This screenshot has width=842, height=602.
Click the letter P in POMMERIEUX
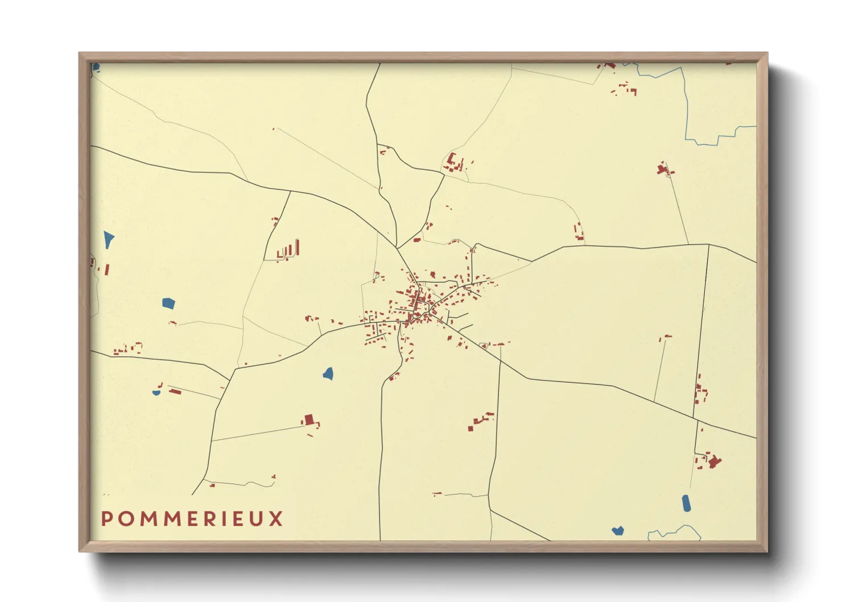[x=106, y=519]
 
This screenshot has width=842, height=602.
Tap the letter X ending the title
[x=276, y=519]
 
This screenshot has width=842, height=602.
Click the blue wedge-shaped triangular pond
[x=108, y=239]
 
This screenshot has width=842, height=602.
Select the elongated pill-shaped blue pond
[x=686, y=503]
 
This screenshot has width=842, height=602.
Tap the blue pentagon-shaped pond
[x=168, y=303]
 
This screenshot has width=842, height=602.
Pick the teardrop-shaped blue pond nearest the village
[x=328, y=374]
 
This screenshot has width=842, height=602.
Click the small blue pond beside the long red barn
[x=156, y=393]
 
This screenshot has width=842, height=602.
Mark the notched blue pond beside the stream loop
[x=618, y=531]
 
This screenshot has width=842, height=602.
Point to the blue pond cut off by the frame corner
[x=96, y=68]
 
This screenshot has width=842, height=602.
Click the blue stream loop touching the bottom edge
[x=674, y=533]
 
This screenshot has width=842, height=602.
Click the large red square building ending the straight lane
[x=309, y=420]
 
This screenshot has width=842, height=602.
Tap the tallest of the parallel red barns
[x=297, y=248]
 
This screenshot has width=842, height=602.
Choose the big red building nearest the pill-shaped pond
[x=713, y=461]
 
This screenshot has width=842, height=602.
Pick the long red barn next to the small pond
[x=175, y=391]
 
